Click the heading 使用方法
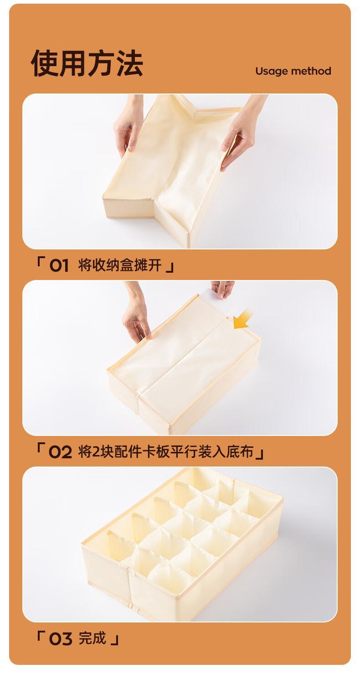[87, 62]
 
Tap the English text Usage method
[293, 71]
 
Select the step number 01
[59, 266]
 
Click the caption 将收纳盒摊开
[120, 265]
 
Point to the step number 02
[60, 452]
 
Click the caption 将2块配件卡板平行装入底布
[166, 452]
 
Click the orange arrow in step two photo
[243, 320]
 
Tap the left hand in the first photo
[128, 126]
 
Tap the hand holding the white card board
[222, 288]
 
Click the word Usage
[271, 72]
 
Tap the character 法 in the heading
[129, 62]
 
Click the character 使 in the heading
[44, 62]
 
